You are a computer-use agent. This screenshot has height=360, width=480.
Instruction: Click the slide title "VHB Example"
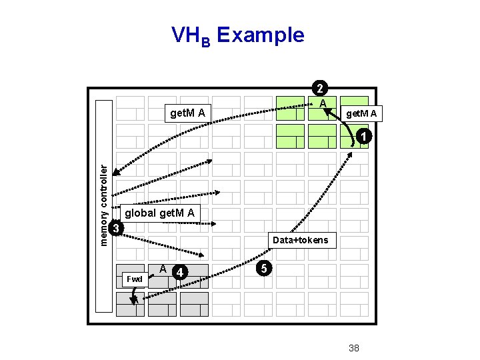point(237,35)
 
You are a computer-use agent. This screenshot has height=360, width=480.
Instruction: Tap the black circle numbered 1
point(361,137)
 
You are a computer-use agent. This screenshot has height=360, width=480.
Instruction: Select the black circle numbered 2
point(321,89)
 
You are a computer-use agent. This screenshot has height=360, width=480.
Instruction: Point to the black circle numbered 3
point(116,229)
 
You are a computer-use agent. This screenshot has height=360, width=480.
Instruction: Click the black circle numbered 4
point(179,272)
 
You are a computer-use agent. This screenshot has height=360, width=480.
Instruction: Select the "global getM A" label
point(160,213)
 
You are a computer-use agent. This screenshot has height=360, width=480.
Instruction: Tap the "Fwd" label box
point(134,278)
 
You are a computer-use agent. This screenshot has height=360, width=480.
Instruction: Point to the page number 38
point(354,347)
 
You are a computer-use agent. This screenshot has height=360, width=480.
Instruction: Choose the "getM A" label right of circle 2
point(361,114)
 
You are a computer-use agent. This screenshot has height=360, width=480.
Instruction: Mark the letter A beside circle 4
point(163,268)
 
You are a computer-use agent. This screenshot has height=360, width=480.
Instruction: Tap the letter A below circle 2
point(322,104)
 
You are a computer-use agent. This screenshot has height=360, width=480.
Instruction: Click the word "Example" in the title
point(261,35)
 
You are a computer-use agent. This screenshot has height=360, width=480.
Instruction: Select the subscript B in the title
point(206,41)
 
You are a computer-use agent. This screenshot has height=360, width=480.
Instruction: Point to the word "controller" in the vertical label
point(104,187)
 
